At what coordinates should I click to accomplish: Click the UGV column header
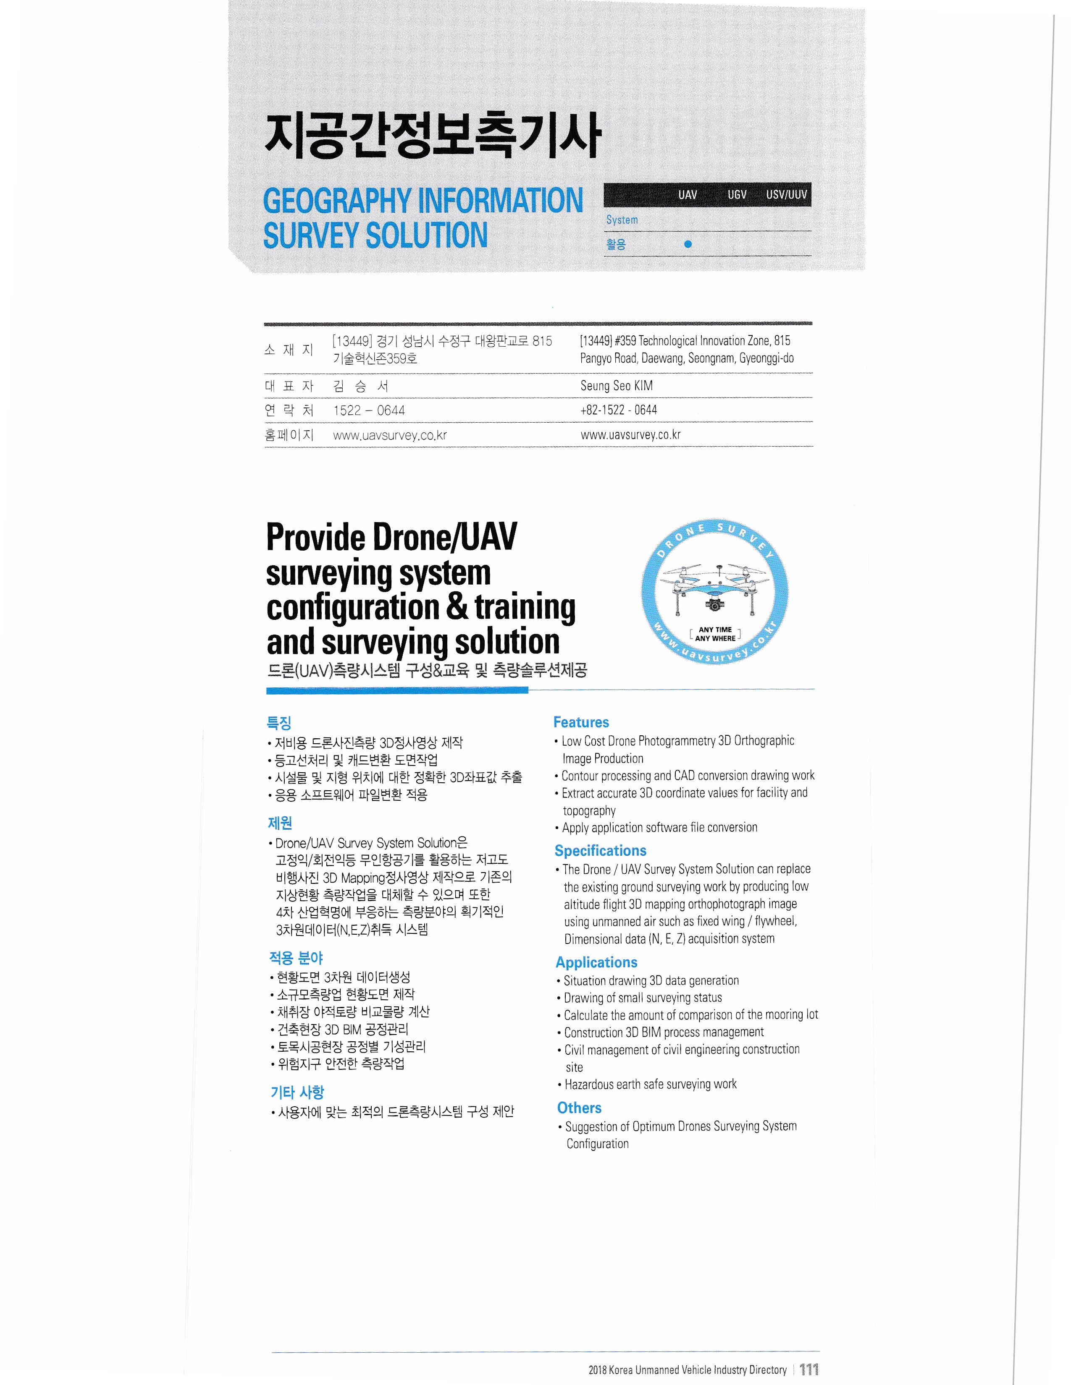[737, 195]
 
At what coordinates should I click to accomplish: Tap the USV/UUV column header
[786, 195]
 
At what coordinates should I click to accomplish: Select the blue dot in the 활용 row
[688, 244]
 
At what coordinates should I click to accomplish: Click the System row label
[622, 220]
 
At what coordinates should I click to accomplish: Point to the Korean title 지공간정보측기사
[432, 135]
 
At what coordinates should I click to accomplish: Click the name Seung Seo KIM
[616, 386]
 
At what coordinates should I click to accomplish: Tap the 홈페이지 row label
[289, 435]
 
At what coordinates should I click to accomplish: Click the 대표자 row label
[289, 386]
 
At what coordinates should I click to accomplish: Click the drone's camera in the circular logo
[714, 605]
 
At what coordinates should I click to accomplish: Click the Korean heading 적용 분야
[296, 958]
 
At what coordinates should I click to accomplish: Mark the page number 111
[809, 1369]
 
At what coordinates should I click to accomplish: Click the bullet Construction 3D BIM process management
[664, 1032]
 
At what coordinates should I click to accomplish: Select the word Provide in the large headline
[315, 538]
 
